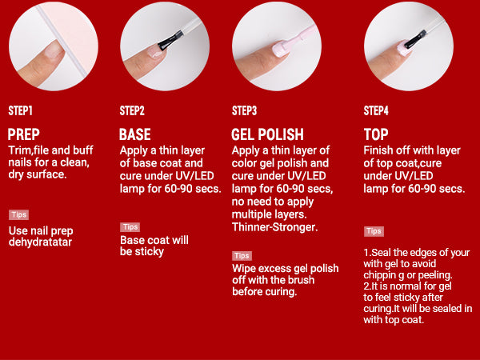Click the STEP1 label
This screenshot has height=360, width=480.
tap(20, 110)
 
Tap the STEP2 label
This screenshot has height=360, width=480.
tap(132, 110)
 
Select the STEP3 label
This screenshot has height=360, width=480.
tap(244, 110)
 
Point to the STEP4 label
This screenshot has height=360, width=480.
tap(376, 110)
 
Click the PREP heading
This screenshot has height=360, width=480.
tap(24, 134)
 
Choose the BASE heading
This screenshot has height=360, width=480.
tap(135, 134)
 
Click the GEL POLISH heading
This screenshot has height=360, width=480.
tap(267, 134)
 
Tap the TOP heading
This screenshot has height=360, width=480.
tap(376, 134)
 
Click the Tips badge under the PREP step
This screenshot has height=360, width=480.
tap(18, 214)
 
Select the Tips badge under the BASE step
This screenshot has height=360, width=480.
tap(130, 227)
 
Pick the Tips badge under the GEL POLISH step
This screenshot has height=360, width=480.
tap(242, 256)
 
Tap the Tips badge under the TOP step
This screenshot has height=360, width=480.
tap(374, 231)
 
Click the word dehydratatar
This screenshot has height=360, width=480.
tap(41, 242)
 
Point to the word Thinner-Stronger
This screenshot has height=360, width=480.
tap(274, 227)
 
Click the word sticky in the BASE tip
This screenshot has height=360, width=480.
tap(150, 252)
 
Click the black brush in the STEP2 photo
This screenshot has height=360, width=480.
tap(171, 41)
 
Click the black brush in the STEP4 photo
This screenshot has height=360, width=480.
tap(415, 39)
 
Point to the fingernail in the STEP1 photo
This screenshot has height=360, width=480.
tap(53, 50)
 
